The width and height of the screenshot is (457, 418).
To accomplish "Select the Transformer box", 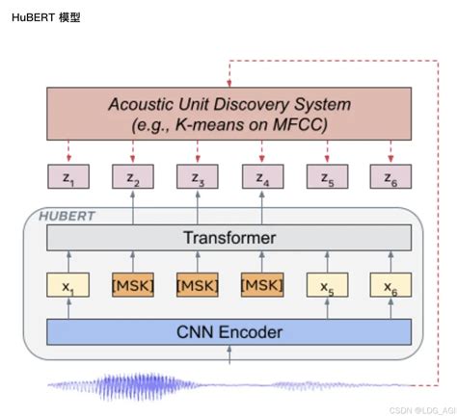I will pyautogui.click(x=229, y=238).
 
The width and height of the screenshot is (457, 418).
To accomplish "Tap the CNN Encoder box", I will pyautogui.click(x=229, y=332).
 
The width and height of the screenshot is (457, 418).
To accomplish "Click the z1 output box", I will pyautogui.click(x=68, y=177).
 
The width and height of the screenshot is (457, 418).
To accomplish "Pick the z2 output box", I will pyautogui.click(x=133, y=177).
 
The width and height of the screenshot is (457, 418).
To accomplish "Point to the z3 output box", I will pyautogui.click(x=197, y=177).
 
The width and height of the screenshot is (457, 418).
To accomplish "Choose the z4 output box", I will pyautogui.click(x=261, y=177).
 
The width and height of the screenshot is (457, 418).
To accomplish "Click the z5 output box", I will pyautogui.click(x=326, y=177).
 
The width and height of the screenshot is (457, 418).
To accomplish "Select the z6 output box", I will pyautogui.click(x=390, y=177).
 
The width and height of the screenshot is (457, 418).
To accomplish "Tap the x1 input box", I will pyautogui.click(x=68, y=285).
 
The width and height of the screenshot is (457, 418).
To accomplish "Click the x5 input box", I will pyautogui.click(x=326, y=285).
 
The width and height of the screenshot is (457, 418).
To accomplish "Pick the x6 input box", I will pyautogui.click(x=390, y=285).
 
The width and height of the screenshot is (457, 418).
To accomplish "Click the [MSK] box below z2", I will pyautogui.click(x=133, y=285).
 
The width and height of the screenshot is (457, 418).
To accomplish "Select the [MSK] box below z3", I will pyautogui.click(x=197, y=285).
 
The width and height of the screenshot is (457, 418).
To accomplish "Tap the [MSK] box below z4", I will pyautogui.click(x=261, y=285).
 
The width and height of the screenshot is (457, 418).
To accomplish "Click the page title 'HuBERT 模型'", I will pyautogui.click(x=45, y=17).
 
